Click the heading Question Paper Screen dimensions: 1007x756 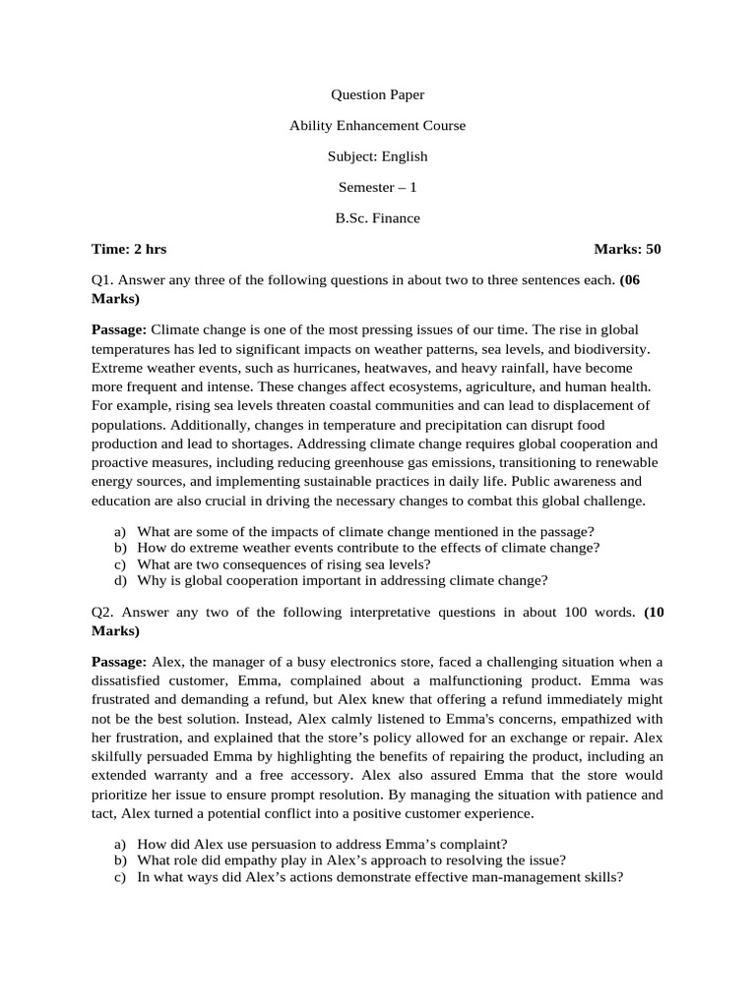pyautogui.click(x=377, y=95)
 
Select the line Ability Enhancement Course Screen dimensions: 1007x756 pyautogui.click(x=377, y=126)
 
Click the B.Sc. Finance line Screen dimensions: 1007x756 pyautogui.click(x=377, y=218)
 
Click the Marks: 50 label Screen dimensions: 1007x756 pyautogui.click(x=627, y=249)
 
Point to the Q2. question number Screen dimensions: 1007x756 pyautogui.click(x=103, y=612)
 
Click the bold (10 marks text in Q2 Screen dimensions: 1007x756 pyautogui.click(x=654, y=612)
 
